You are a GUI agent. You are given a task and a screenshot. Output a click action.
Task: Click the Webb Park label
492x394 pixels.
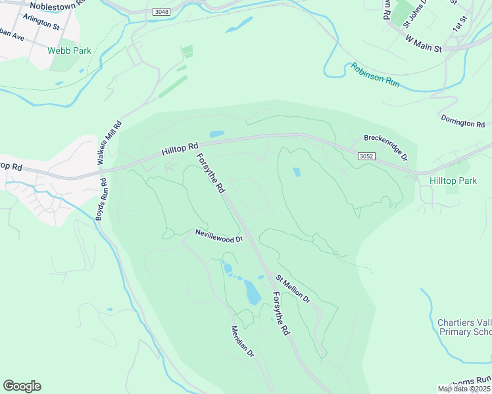69,51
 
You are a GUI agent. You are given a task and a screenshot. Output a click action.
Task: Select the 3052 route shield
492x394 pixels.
367,156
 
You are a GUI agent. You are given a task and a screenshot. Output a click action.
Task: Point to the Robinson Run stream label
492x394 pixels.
374,76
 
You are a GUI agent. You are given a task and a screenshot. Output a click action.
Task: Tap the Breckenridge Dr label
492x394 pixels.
385,139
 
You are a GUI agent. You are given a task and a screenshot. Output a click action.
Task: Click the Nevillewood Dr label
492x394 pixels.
219,235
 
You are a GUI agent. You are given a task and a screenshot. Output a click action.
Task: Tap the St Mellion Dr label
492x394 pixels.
293,289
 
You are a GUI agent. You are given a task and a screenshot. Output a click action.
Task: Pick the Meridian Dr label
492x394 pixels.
242,341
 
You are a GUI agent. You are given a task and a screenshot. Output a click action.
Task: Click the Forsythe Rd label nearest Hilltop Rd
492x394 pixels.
210,173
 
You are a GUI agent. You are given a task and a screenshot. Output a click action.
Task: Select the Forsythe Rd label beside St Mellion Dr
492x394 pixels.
281,314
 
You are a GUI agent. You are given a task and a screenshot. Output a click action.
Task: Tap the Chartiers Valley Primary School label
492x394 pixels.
464,327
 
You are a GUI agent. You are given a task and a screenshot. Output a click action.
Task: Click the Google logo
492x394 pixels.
22,386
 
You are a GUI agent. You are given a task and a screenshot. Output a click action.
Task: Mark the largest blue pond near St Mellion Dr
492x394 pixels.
253,293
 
